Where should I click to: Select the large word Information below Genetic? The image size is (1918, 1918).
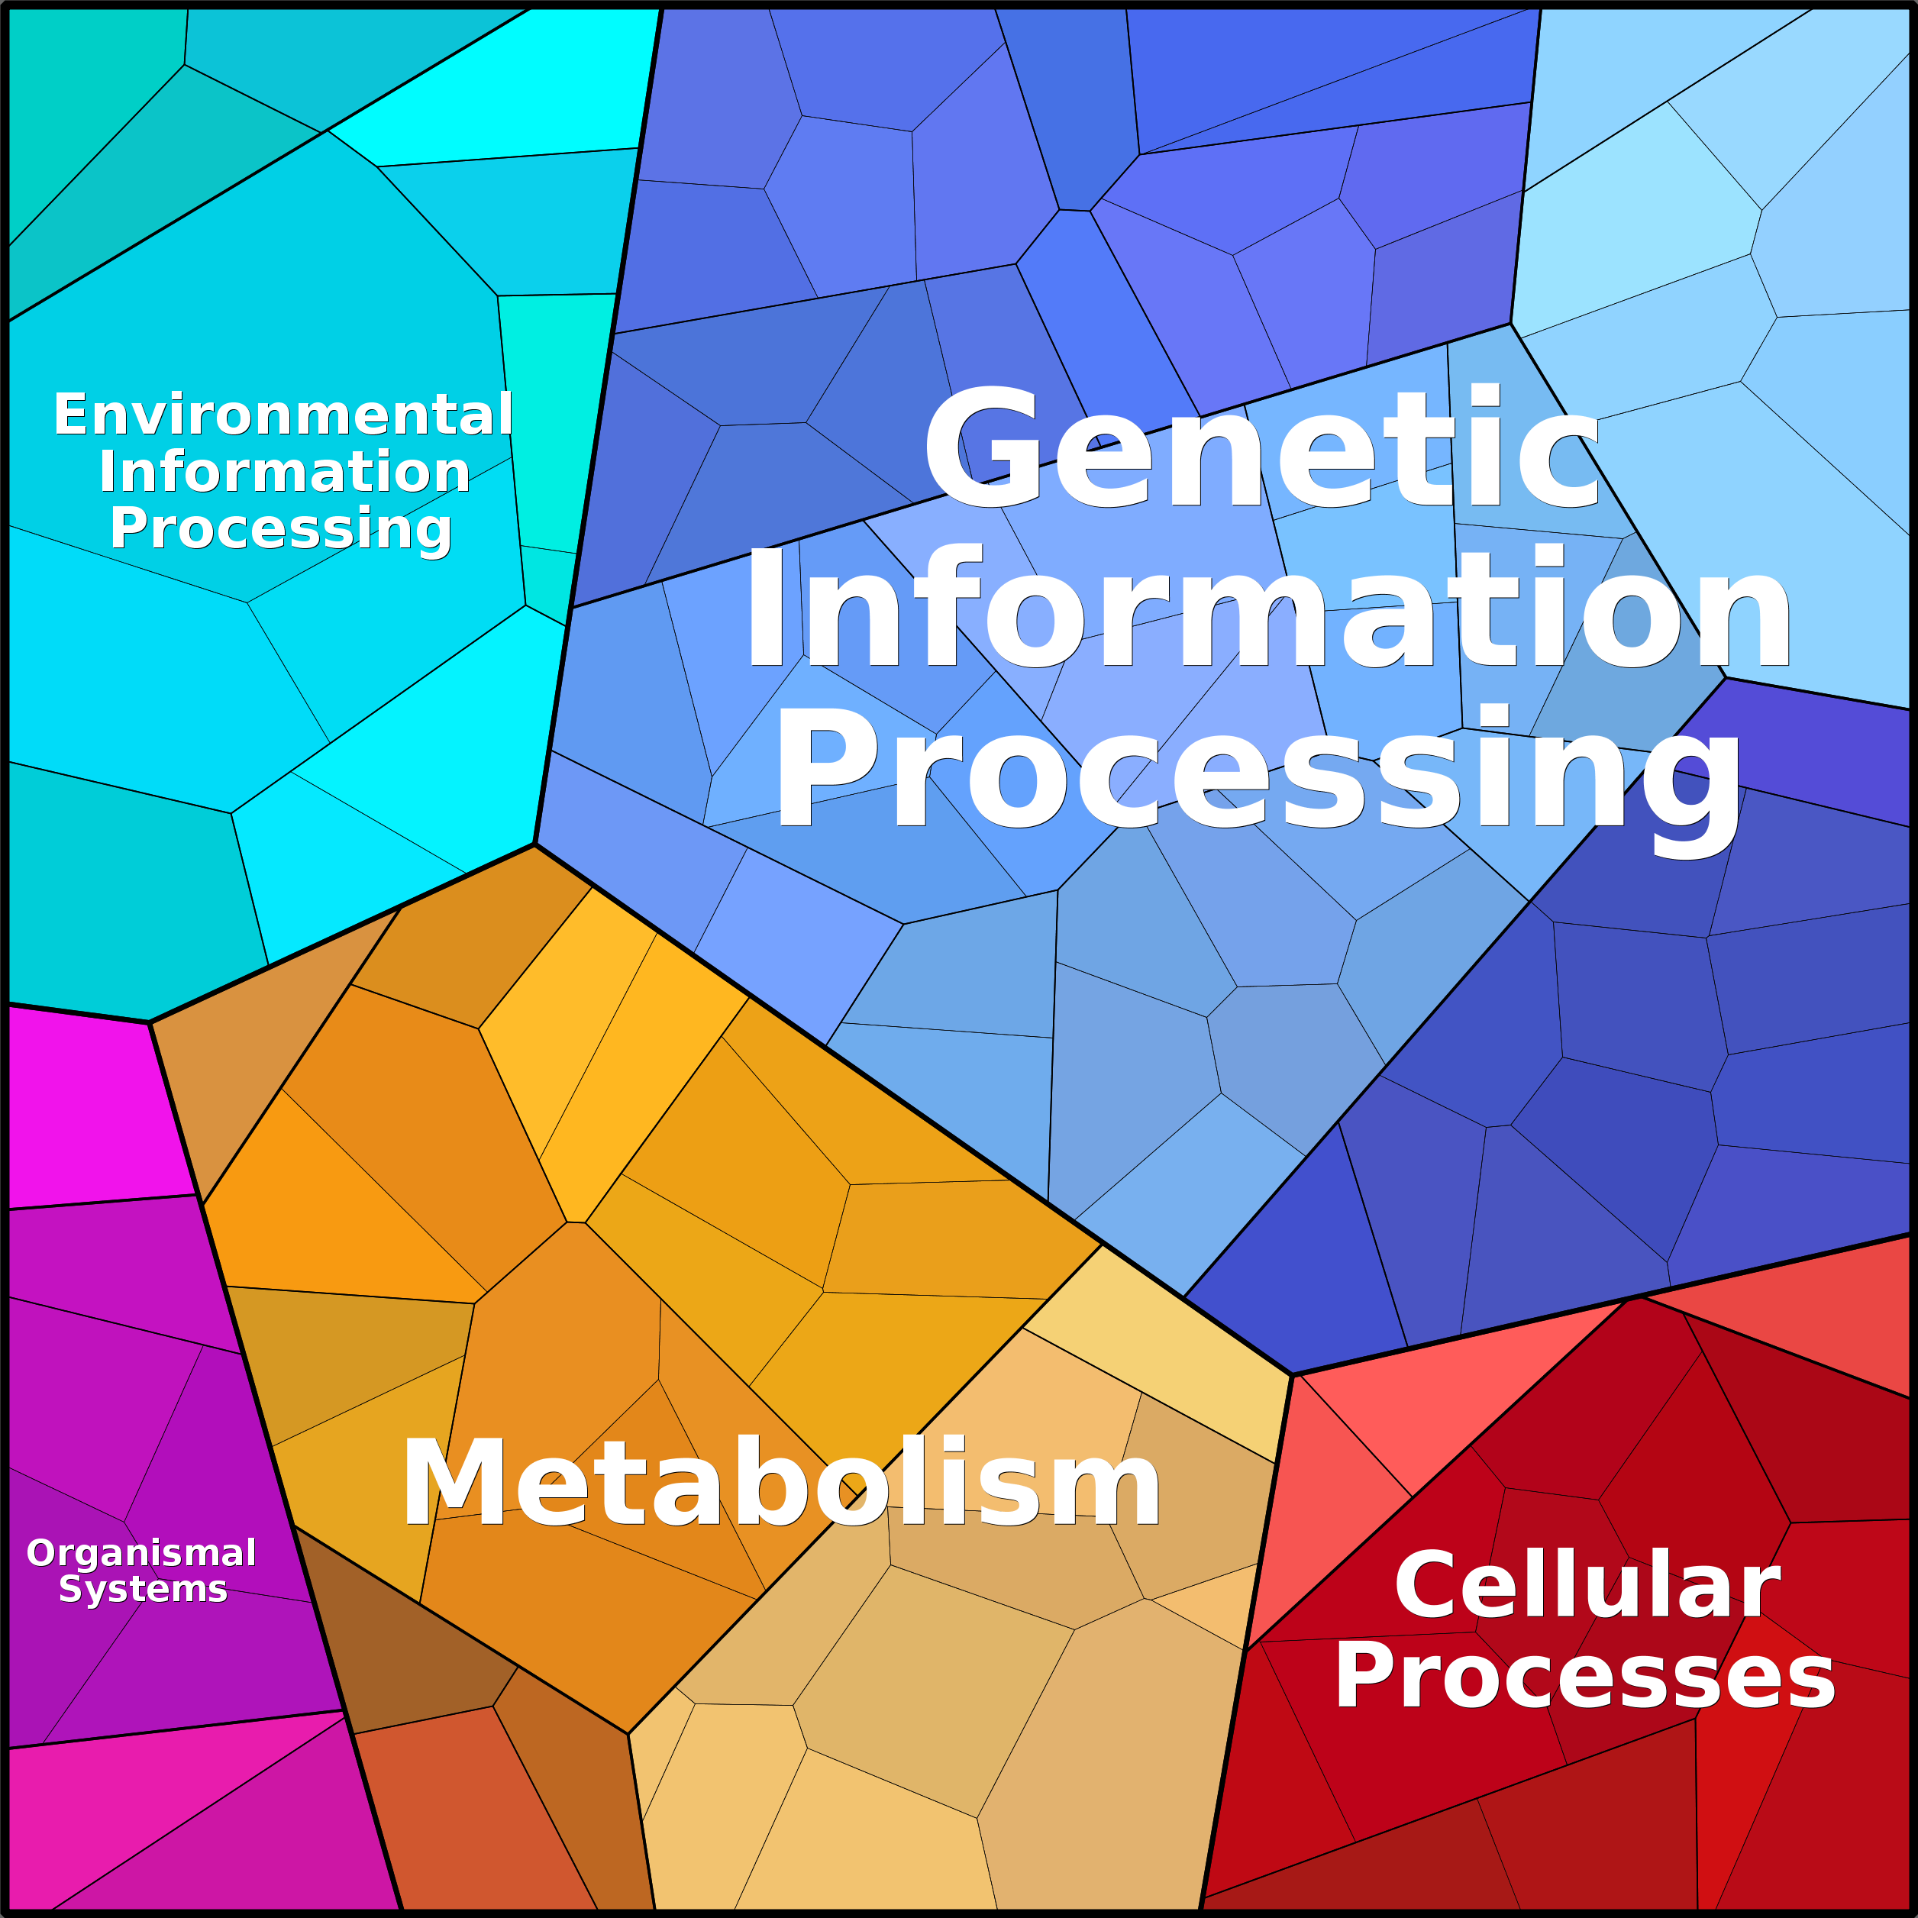point(1267,608)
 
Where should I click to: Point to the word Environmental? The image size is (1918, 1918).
point(283,414)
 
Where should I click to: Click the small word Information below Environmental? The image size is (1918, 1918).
point(284,472)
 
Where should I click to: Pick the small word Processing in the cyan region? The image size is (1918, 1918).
point(281,529)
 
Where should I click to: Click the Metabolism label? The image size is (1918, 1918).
point(780,1484)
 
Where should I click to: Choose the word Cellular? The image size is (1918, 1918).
point(1587,1585)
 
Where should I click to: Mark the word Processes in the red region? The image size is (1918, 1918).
point(1584,1677)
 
